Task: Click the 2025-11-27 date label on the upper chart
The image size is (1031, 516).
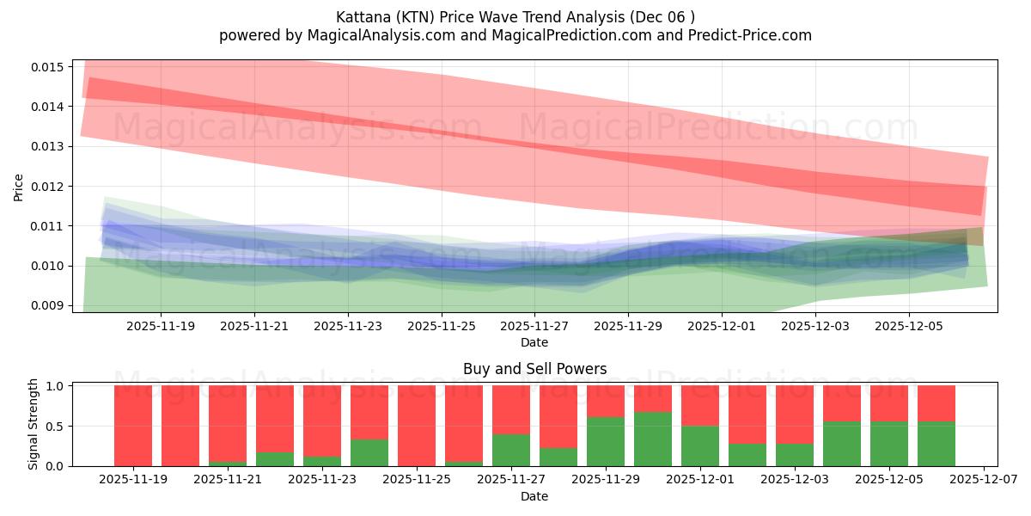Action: [534, 327]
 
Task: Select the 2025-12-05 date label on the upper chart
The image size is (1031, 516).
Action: [909, 327]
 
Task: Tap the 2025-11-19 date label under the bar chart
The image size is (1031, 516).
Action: [133, 481]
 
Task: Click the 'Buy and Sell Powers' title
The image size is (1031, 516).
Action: [534, 369]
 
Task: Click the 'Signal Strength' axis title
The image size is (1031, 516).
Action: [34, 425]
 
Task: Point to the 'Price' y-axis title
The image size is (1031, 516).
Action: [19, 187]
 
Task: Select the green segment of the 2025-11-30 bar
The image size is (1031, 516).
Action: [653, 439]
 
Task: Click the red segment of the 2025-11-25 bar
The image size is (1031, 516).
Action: [417, 425]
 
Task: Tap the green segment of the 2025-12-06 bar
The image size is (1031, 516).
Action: [936, 444]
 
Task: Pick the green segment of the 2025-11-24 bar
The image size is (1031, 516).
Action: [369, 453]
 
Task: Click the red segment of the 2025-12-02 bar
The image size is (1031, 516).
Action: [747, 414]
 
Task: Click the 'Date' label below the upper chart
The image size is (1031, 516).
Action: [534, 342]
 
